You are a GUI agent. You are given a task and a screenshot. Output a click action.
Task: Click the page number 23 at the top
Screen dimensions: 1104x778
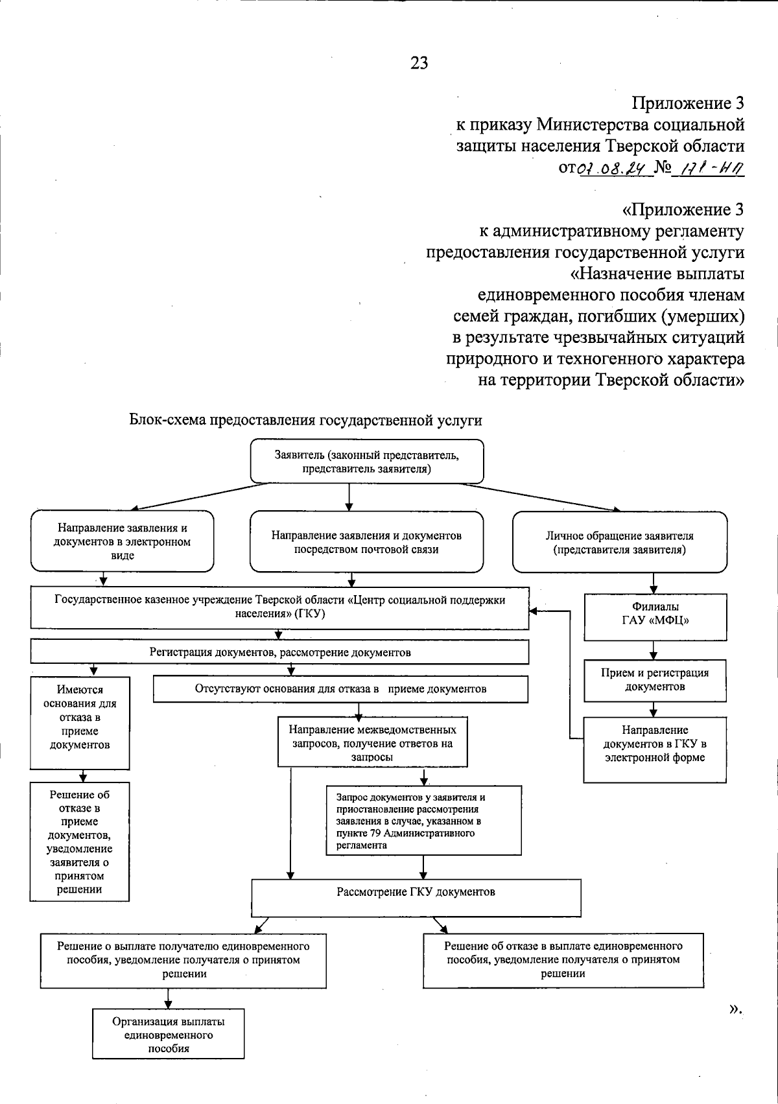419,63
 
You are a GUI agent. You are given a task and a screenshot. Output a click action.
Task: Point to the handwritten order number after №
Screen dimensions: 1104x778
709,169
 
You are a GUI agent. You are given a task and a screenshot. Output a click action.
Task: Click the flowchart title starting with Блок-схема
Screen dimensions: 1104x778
306,420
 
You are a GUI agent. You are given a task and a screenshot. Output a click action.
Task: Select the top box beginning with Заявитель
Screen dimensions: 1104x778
367,462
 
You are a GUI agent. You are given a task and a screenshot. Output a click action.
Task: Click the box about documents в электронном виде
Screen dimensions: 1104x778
122,542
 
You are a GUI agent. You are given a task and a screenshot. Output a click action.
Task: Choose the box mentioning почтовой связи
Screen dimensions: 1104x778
366,543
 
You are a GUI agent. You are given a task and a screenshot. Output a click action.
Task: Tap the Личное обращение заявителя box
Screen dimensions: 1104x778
619,543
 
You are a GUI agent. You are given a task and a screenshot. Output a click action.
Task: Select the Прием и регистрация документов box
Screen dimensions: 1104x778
655,679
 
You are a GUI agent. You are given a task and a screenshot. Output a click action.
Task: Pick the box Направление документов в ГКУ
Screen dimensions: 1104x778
655,744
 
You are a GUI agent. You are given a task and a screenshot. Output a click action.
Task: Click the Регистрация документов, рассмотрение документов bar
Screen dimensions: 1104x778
279,652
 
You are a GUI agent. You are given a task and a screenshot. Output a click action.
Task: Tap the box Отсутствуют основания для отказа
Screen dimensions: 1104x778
340,689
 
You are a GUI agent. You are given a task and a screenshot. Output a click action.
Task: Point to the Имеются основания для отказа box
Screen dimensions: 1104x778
80,717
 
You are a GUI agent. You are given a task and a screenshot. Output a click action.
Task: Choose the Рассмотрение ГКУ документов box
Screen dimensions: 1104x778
416,892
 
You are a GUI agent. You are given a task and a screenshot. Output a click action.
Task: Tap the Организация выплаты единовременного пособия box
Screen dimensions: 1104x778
169,1034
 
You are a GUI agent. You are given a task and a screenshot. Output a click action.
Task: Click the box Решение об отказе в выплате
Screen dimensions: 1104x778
563,959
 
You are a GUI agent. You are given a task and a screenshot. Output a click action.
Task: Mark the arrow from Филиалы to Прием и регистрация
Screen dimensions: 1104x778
654,649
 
